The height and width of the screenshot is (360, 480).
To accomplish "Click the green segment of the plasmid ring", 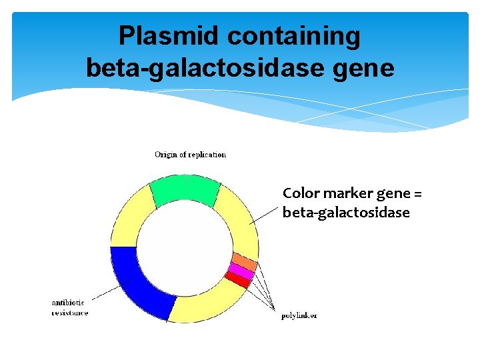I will coord(185,189).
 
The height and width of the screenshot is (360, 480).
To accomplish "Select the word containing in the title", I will coord(293,37).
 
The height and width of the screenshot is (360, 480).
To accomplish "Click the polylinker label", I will coord(299,315).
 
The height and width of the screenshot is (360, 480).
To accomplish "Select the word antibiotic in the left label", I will coord(68,303).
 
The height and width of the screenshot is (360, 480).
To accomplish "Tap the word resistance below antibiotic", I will coord(70,313).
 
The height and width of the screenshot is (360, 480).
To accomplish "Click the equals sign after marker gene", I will coord(417,194).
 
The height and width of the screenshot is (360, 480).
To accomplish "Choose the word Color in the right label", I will coord(299,194).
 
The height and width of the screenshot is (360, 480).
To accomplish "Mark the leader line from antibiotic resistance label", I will coord(107,291).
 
